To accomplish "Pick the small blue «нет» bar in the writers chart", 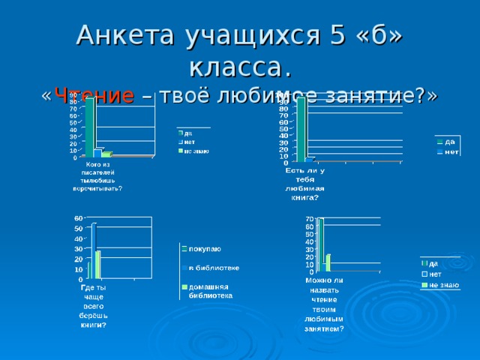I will point(98,153).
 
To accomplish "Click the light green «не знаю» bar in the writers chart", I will point(106,154).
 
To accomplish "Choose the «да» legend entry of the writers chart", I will point(188,133).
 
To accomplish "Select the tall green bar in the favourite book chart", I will point(301,127).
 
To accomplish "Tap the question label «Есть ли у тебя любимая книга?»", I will point(304,184).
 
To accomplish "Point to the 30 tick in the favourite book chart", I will point(283,142).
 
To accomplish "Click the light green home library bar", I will point(98,264).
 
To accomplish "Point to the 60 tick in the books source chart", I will point(78,218).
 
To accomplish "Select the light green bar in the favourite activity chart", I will point(328,262).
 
